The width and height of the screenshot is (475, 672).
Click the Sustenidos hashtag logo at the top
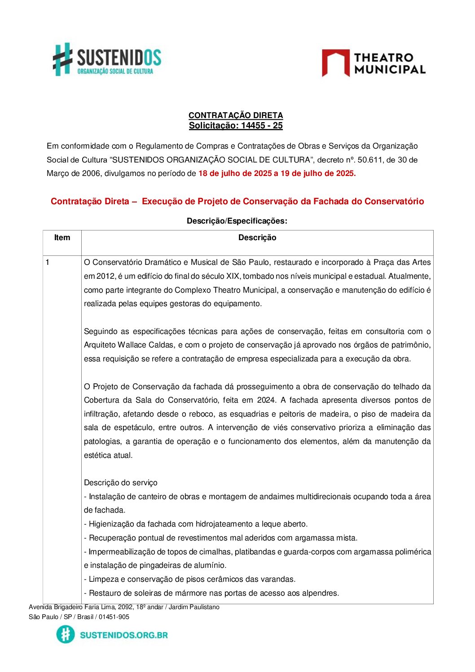tap(63, 59)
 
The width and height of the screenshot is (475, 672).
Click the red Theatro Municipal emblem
tap(335, 63)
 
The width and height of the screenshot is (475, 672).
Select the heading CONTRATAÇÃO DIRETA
tap(235, 115)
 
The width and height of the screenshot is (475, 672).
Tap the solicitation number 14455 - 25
tap(262, 126)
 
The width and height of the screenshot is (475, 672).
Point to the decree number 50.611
tap(369, 160)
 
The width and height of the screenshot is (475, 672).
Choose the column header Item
tap(62, 238)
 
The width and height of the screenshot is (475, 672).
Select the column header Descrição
tap(257, 238)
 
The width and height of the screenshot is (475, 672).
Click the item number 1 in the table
tap(48, 262)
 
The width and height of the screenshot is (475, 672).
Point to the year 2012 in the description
tap(105, 276)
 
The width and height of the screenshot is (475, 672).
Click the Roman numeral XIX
tap(233, 276)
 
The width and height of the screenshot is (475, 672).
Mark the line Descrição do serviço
tap(120, 483)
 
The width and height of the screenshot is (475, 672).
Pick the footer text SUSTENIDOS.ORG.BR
tap(123, 635)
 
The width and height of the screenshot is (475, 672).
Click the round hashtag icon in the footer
tap(66, 635)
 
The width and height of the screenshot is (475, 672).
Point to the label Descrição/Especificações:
tap(237, 221)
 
